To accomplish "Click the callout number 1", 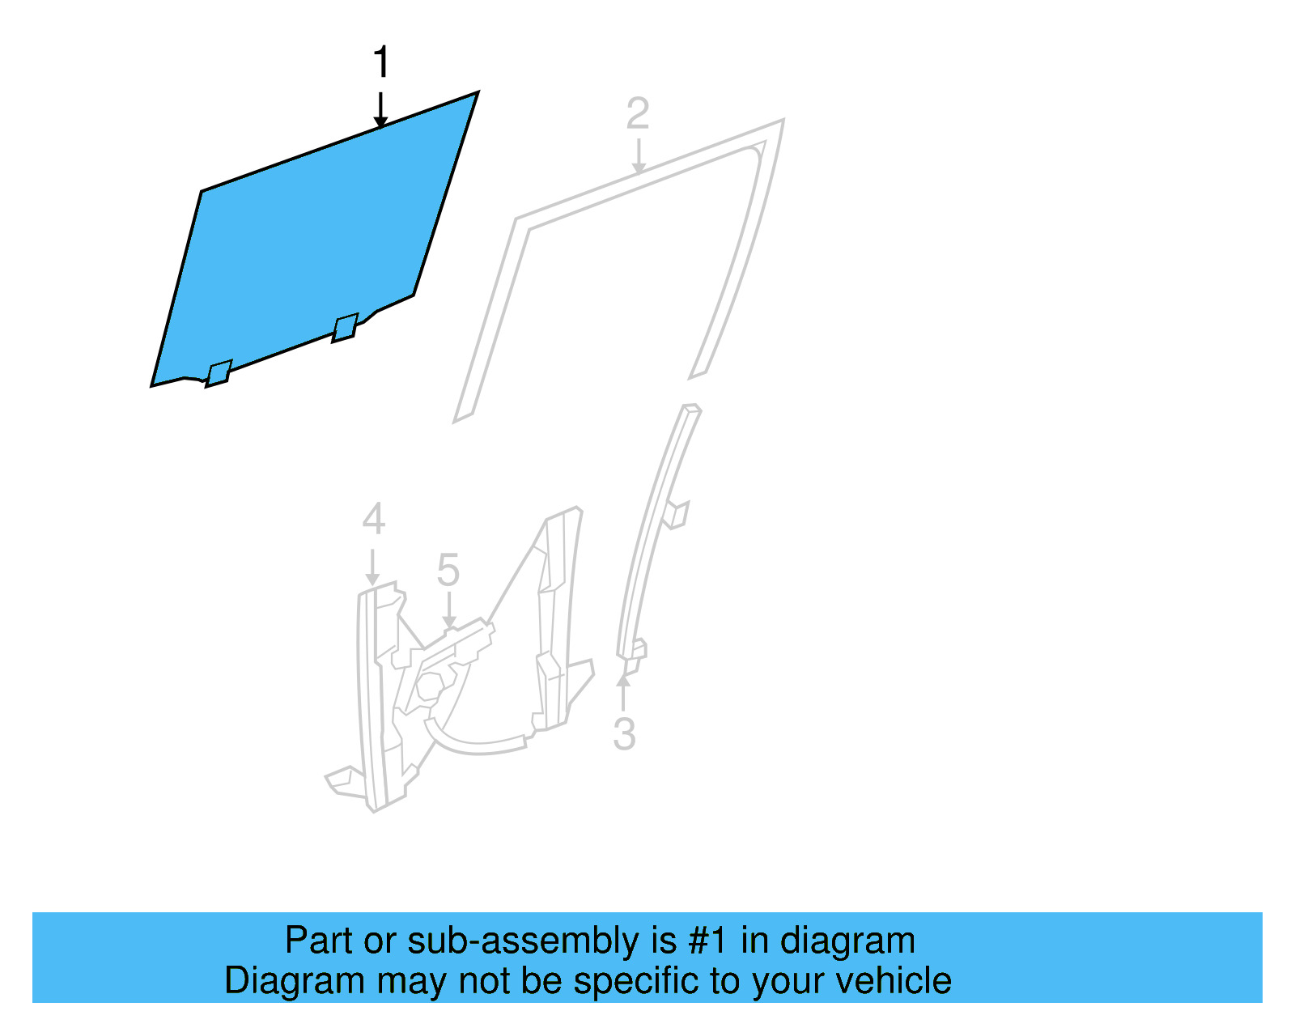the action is point(381,62).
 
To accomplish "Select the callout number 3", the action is point(624,733).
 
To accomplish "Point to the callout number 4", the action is point(373,519).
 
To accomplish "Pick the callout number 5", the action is point(448,570).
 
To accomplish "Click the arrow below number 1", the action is point(380,110).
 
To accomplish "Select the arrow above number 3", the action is point(623,693).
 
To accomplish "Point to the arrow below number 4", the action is point(372,567).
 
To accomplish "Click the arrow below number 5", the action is point(448,611).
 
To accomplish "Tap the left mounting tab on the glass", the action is point(219,373).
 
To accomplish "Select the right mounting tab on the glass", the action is point(345,327).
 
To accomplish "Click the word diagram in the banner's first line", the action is point(847,941).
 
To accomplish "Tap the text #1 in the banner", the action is point(708,941).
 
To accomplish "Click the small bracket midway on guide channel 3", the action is point(676,514).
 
